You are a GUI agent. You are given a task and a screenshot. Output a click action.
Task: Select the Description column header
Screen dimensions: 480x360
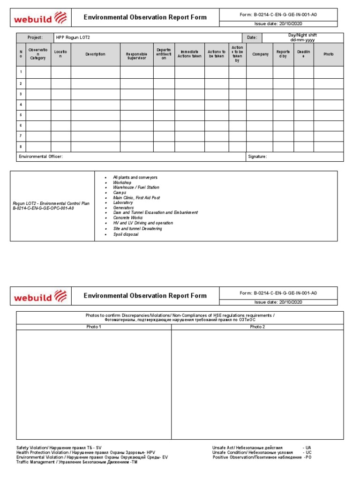click(95, 54)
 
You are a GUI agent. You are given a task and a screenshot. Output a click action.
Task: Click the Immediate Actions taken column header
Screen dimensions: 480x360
click(189, 54)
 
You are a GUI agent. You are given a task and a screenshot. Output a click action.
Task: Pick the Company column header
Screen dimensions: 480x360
click(260, 54)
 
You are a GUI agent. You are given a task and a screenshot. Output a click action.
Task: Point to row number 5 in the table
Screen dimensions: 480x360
click(21, 114)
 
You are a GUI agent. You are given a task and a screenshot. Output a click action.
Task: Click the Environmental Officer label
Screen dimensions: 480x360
click(40, 157)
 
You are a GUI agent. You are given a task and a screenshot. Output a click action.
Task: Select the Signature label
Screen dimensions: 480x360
click(257, 157)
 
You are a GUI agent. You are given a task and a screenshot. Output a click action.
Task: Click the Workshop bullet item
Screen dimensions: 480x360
click(122, 182)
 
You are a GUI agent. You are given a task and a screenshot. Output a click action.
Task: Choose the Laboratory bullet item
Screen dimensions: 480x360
click(123, 202)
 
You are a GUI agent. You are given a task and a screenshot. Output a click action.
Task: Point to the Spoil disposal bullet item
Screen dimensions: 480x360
click(126, 234)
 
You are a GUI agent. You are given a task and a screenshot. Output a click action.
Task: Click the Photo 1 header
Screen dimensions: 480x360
click(94, 327)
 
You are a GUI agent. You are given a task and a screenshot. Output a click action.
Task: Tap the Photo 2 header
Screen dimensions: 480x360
click(257, 327)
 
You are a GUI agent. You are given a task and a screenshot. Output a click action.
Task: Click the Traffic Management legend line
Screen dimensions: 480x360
click(77, 462)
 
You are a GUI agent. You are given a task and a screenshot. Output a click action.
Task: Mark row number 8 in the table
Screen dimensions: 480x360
click(21, 147)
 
